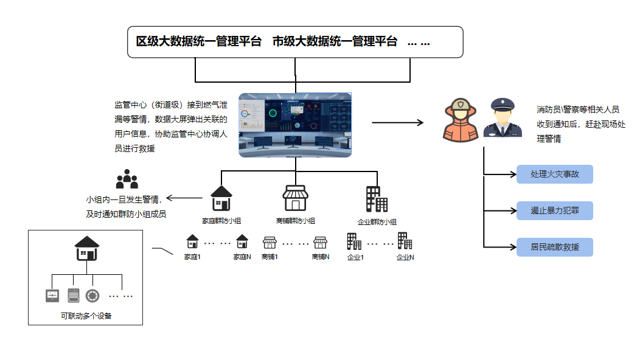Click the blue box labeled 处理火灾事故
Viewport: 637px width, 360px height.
click(554, 175)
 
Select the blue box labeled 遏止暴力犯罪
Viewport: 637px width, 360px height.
click(554, 211)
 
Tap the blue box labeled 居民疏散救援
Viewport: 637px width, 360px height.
click(554, 247)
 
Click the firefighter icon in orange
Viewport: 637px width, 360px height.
click(461, 120)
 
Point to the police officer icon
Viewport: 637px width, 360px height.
click(503, 118)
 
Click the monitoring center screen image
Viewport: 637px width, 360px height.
click(295, 125)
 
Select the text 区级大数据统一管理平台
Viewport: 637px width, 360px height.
click(199, 42)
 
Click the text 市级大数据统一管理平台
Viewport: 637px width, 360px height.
click(335, 42)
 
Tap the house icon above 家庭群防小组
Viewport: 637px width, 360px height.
click(221, 198)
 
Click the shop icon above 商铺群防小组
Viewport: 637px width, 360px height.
click(295, 198)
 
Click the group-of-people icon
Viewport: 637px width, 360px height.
click(127, 179)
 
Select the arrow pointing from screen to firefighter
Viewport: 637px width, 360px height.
click(397, 122)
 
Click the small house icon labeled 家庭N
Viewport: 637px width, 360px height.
click(242, 241)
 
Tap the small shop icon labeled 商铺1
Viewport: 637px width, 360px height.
click(270, 242)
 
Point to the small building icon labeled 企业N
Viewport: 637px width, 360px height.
click(405, 241)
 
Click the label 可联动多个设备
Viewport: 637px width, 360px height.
click(86, 316)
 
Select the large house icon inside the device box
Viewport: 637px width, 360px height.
click(87, 248)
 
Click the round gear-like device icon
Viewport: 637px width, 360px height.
click(92, 296)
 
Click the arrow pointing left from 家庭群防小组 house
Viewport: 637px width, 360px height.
click(184, 198)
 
